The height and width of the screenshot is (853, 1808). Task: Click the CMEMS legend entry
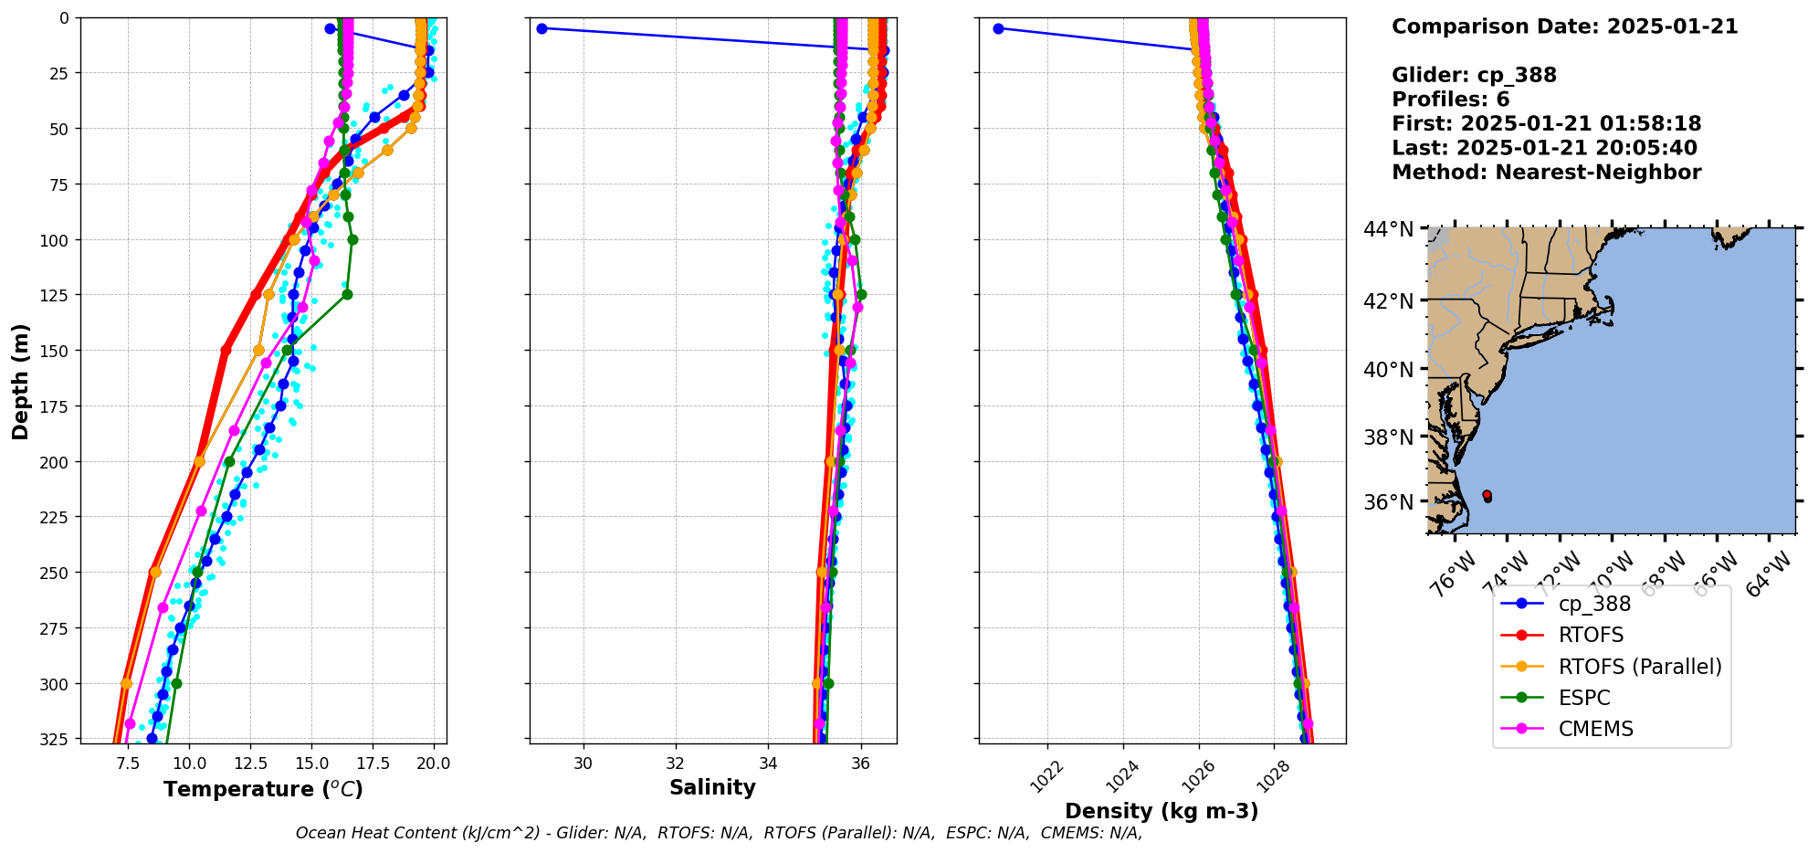tap(1595, 729)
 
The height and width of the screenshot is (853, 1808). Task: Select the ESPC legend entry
tap(1584, 698)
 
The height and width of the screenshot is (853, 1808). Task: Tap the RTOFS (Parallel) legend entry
tap(1640, 667)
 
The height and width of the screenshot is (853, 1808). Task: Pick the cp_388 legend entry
tap(1594, 604)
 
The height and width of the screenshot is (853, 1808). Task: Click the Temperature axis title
tap(263, 789)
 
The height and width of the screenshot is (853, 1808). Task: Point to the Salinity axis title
tap(712, 788)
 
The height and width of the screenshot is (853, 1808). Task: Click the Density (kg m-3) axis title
tap(1162, 811)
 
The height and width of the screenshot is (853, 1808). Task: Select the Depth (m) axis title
tap(21, 381)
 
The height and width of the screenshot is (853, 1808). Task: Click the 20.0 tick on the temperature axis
tap(433, 763)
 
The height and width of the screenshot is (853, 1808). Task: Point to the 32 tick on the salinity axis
tap(675, 763)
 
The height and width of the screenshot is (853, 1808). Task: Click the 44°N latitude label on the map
tap(1388, 228)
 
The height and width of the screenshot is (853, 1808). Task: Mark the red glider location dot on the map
tap(1487, 495)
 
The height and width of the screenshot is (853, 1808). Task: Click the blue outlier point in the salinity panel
tap(541, 28)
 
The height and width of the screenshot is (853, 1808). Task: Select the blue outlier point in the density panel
tap(998, 28)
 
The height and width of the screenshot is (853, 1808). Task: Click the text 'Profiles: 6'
tap(1450, 100)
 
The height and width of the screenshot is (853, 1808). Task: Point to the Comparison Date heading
tap(1564, 26)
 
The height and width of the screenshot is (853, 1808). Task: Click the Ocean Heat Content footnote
tap(719, 833)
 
